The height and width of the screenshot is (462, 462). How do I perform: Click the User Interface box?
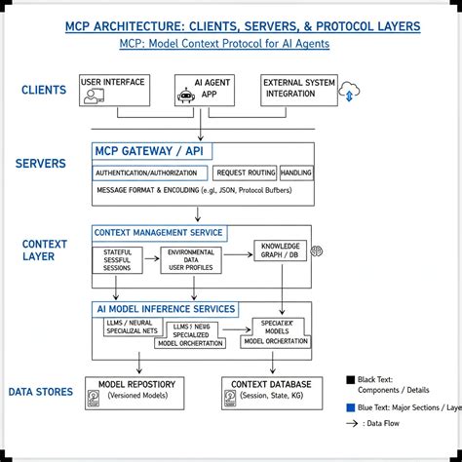(114, 90)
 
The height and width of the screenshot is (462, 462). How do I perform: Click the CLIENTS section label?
(44, 91)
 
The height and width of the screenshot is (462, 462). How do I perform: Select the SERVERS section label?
(41, 163)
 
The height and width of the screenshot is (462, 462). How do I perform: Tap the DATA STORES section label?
(41, 392)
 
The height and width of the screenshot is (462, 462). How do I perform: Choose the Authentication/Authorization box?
(151, 173)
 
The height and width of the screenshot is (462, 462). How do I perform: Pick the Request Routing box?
(245, 173)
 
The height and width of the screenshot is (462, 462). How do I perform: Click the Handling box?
(296, 173)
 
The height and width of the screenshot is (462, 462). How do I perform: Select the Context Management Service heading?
(158, 234)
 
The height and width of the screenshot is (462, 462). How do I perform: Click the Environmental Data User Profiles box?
(190, 260)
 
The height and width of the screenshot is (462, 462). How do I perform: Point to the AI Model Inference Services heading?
(166, 309)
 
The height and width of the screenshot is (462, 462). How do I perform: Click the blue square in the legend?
(351, 408)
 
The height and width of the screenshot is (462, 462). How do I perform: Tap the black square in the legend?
(351, 380)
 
